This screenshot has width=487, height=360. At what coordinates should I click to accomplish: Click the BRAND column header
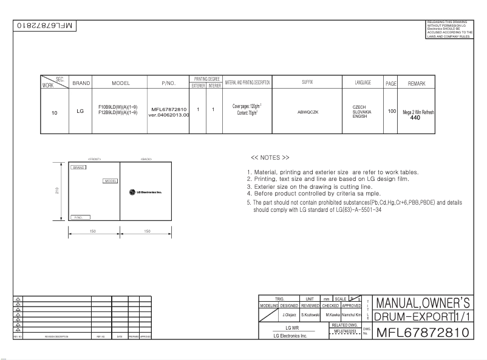pos(81,83)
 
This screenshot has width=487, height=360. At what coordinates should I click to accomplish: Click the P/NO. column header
pos(168,83)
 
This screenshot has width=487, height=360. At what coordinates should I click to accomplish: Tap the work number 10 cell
pos(55,112)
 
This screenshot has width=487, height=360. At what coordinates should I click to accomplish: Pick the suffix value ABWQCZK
pos(308,112)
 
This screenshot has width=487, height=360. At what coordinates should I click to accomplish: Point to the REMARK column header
pos(417,83)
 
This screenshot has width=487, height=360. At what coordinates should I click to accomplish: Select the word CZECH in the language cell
pos(359,107)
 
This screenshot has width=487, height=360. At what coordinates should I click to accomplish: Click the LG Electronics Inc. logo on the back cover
pos(146,192)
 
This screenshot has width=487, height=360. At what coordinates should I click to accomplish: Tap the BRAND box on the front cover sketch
pos(78,167)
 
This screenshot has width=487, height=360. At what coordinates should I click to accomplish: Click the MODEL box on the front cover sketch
pos(111,180)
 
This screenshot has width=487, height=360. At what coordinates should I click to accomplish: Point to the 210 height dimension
pos(56,191)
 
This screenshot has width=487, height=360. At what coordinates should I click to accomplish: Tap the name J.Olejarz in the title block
pos(288,316)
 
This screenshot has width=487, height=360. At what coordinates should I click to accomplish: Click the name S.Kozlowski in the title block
pos(310,316)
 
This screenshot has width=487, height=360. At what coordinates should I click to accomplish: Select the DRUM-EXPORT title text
pos(411,317)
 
